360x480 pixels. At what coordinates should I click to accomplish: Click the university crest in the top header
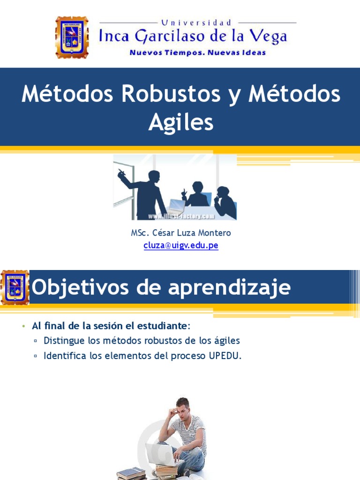tap(72, 37)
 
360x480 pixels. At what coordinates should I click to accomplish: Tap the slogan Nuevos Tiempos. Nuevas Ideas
tap(197, 52)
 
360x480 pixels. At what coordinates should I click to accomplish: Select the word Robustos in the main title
tap(171, 95)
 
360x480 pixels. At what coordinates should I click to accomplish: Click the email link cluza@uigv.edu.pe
tap(181, 245)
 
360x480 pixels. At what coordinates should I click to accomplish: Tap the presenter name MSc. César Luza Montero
tap(181, 233)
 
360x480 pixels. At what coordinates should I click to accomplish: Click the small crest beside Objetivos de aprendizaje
tap(15, 287)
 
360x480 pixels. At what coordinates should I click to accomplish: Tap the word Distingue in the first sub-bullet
tap(64, 341)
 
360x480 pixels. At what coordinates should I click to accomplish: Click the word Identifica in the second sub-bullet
tap(65, 356)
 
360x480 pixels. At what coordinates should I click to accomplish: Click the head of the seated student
tap(182, 405)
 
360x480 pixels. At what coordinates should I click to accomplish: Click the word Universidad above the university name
tap(197, 22)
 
